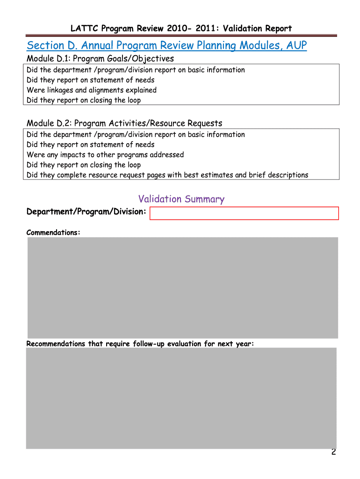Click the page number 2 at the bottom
click(333, 452)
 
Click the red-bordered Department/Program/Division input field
click(244, 213)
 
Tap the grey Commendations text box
click(182, 287)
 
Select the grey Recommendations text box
click(181, 398)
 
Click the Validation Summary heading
click(181, 199)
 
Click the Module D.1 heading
click(100, 58)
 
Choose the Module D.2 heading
click(124, 123)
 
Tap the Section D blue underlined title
click(166, 46)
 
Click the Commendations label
click(53, 232)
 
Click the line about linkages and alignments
click(92, 90)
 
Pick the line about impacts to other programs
click(105, 154)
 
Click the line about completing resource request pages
click(167, 175)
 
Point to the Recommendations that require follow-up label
click(140, 344)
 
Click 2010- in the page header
click(175, 29)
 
